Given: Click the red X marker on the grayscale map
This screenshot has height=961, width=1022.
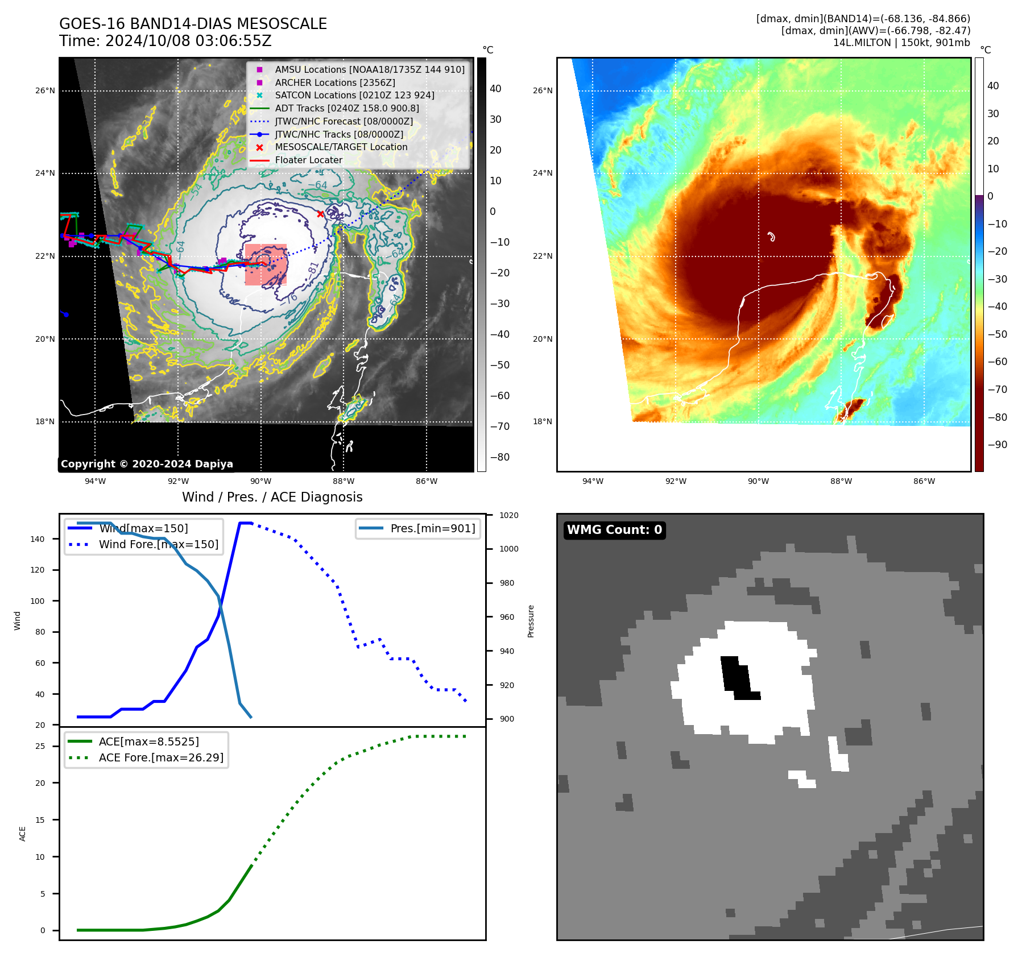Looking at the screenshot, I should point(320,214).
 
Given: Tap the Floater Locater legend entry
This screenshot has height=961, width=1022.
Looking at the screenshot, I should point(308,160).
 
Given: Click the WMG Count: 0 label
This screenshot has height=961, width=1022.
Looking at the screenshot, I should point(614,530).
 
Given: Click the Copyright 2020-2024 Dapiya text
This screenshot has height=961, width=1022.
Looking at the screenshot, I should point(147,464).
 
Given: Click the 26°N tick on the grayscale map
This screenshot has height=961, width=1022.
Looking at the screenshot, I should point(45,90).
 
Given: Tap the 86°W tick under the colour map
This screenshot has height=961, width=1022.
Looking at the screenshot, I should point(924,481).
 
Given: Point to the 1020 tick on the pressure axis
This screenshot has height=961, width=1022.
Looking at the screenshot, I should point(508,515).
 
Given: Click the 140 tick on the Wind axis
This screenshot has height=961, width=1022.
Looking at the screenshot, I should point(38,539).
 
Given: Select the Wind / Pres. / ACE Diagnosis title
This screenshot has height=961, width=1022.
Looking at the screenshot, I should point(272,497).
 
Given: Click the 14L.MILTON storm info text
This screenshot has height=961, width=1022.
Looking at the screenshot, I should point(901,43).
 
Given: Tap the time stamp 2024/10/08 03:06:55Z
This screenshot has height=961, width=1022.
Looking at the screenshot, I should point(188,41).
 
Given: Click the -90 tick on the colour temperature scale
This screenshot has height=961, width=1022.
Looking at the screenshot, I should point(997,445).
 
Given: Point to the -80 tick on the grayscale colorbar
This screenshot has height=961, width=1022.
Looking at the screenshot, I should point(500,457).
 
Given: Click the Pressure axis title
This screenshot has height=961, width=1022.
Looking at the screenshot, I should point(531,621).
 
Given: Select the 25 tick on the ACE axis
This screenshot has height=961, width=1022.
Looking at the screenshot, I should point(40,746).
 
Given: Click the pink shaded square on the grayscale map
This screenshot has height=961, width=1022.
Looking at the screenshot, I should point(266,265).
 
